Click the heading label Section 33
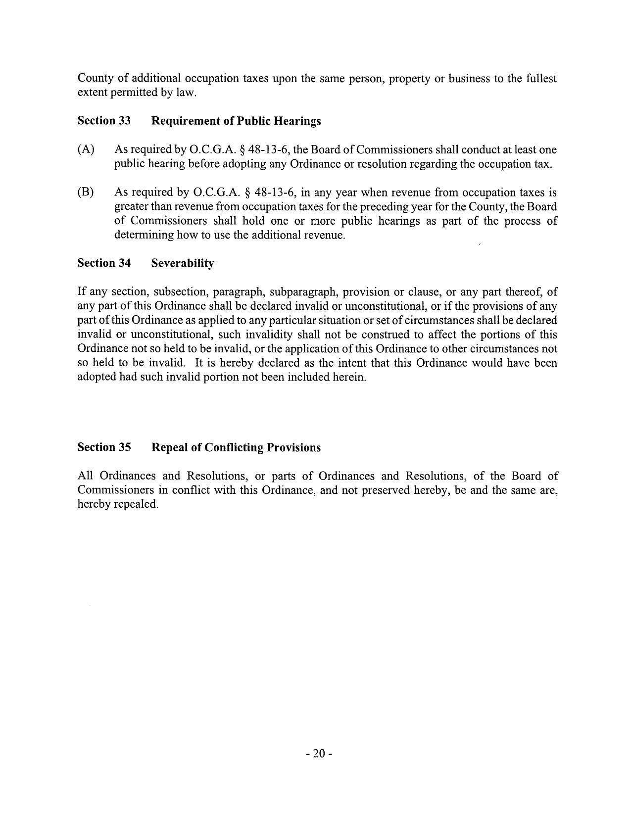pyautogui.click(x=104, y=121)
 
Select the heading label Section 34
pyautogui.click(x=104, y=263)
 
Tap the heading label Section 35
pyautogui.click(x=104, y=447)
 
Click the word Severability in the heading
pyautogui.click(x=183, y=263)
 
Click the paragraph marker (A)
pyautogui.click(x=86, y=149)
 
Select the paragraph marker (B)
pyautogui.click(x=86, y=192)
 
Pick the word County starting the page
pyautogui.click(x=96, y=79)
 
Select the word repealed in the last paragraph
pyautogui.click(x=136, y=504)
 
